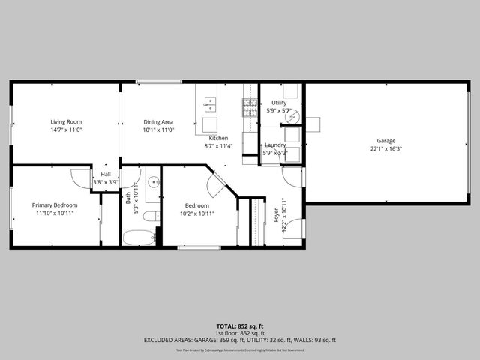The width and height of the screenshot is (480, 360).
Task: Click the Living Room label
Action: tap(66, 121)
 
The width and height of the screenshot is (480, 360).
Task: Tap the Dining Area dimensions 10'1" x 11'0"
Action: tap(158, 130)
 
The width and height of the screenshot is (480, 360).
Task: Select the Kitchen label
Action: tap(218, 138)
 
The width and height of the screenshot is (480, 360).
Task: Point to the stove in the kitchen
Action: tap(249, 107)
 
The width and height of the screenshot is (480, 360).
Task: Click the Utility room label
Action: tap(279, 103)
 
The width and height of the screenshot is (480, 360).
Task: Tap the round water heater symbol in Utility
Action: tap(294, 116)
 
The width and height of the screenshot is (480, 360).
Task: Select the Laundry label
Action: tap(275, 145)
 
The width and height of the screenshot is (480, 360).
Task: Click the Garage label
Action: tap(385, 140)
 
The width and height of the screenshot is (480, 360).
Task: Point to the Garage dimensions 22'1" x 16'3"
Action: tap(385, 148)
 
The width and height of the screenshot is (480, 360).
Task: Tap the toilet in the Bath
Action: tap(151, 217)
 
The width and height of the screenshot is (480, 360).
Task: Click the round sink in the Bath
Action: tap(153, 182)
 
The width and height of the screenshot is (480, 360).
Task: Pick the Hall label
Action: tap(106, 174)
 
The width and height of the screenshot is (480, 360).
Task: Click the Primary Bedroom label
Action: tap(54, 205)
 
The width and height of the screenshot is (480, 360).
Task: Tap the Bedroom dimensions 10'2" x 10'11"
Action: tap(197, 214)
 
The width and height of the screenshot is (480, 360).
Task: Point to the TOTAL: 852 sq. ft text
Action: tap(239, 327)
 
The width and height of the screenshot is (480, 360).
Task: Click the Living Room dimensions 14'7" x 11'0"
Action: tap(66, 130)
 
